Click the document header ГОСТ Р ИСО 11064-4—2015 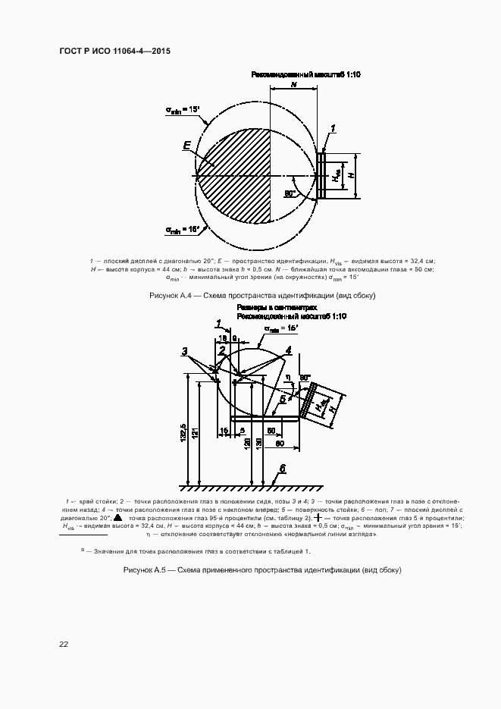[x=114, y=51]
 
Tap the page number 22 [x=64, y=645]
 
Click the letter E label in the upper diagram [x=187, y=145]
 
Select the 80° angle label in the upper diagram [x=290, y=194]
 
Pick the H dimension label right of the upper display [x=350, y=175]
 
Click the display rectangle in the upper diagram [x=321, y=176]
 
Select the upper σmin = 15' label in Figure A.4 [x=183, y=111]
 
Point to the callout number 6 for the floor [x=282, y=469]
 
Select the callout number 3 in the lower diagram [x=184, y=351]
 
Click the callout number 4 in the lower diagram [x=288, y=350]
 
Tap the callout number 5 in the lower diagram [x=282, y=397]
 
